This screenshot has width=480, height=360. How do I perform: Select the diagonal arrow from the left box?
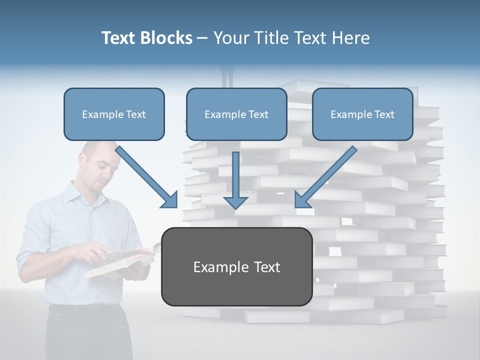tap(145, 175)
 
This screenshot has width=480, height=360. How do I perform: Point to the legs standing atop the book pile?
tap(228, 75)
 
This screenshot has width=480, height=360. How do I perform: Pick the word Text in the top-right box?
tap(384, 114)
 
